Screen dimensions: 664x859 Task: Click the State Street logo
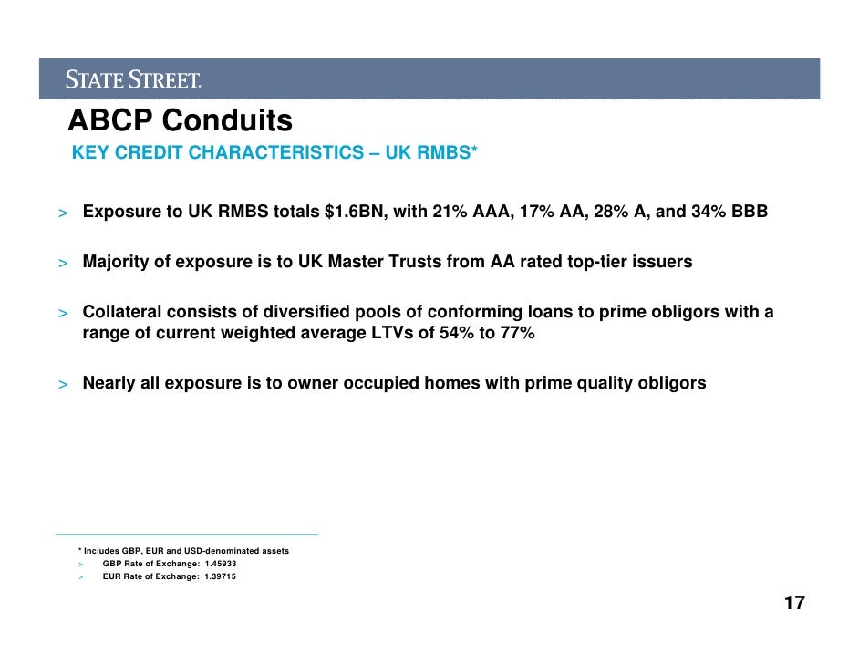[133, 80]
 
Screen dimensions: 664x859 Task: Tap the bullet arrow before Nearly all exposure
[63, 384]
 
